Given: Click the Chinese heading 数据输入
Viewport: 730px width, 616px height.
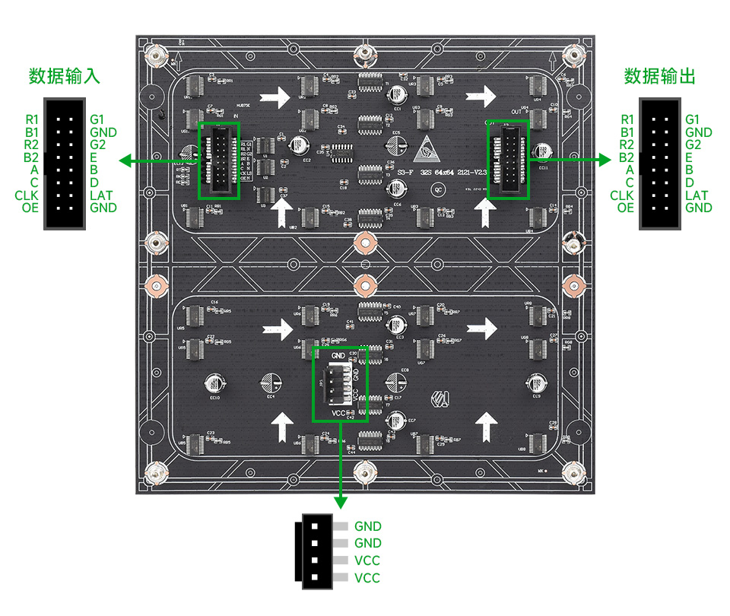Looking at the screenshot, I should tap(64, 77).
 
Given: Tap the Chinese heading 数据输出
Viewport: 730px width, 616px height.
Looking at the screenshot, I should tap(659, 77).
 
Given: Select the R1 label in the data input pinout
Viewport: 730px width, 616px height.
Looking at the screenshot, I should tap(31, 119).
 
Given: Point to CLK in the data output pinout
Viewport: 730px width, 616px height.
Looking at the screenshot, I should tap(621, 195).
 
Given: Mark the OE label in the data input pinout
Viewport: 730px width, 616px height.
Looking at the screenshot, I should tap(30, 208).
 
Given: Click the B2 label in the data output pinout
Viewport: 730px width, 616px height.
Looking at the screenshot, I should tap(626, 157).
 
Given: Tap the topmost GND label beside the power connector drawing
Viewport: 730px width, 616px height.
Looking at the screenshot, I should tap(367, 526).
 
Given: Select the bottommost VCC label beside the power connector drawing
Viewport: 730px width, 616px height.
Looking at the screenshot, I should tap(367, 578).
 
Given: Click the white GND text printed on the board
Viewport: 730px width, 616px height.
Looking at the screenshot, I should tap(339, 355).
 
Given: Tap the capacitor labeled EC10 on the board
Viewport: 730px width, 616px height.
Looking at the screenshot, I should tap(214, 382).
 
